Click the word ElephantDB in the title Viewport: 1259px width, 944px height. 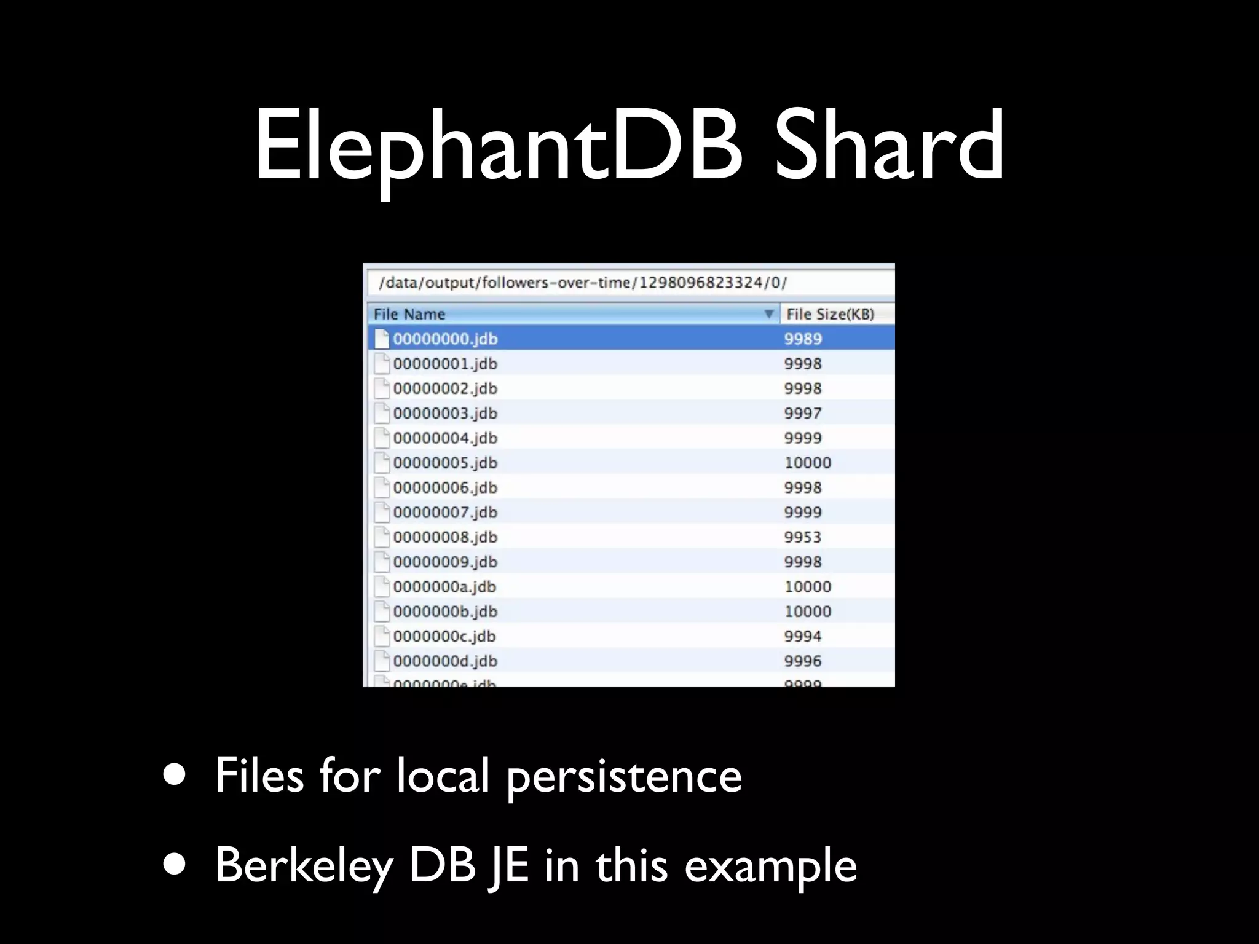click(x=498, y=147)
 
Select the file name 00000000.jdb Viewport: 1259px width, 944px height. click(x=445, y=339)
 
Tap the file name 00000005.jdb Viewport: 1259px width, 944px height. click(x=445, y=463)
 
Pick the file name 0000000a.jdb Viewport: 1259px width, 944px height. click(x=444, y=586)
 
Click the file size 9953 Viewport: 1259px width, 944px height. click(x=802, y=537)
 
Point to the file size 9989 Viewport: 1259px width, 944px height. click(x=802, y=339)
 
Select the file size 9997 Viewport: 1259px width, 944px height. click(x=802, y=413)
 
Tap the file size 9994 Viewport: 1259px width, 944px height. click(x=802, y=636)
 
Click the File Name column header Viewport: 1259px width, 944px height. click(x=409, y=314)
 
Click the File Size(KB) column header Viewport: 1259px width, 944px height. click(x=830, y=314)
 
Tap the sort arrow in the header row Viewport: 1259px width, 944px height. click(x=768, y=314)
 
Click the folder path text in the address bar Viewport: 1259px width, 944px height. click(x=582, y=283)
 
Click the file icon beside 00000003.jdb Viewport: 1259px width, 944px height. click(x=382, y=413)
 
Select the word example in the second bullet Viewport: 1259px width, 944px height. click(x=770, y=865)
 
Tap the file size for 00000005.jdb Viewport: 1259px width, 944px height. click(x=807, y=463)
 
